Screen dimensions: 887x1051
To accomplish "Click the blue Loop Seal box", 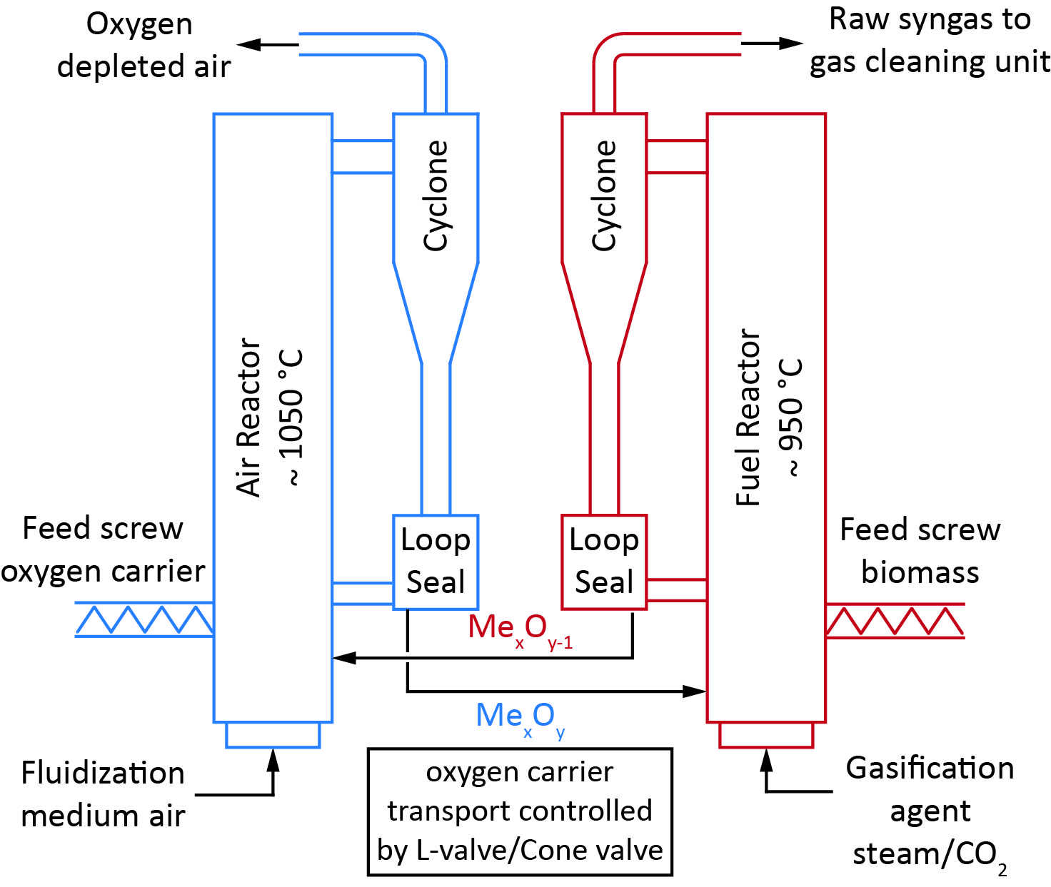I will (436, 562).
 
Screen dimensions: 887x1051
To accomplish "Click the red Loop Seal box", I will (604, 562).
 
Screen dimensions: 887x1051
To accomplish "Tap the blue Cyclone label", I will (436, 196).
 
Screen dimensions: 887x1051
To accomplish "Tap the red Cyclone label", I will (604, 196).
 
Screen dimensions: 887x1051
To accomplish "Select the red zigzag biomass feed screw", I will (895, 620).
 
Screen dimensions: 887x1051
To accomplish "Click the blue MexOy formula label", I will (521, 718).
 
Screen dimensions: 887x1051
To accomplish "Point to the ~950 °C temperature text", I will (792, 417).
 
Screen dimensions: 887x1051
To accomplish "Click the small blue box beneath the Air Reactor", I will (273, 735).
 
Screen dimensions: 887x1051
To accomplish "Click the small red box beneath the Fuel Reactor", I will (766, 735).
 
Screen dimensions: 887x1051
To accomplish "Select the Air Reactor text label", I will (249, 417).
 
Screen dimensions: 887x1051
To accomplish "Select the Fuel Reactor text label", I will (748, 417).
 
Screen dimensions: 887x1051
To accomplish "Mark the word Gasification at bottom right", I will (930, 769).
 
